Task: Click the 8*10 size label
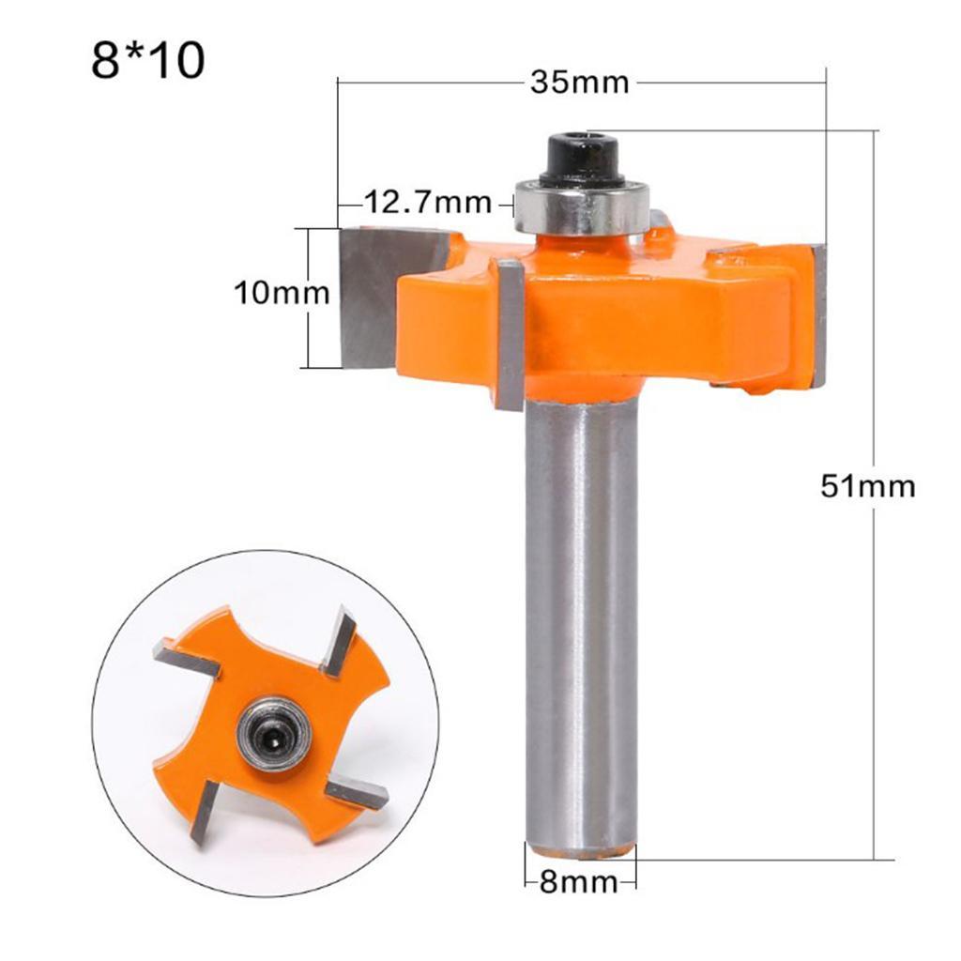point(148,61)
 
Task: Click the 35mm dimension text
point(579,82)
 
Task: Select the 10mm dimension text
point(282,294)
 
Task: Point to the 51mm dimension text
point(867,486)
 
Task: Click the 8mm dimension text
point(578,882)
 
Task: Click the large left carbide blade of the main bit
point(371,291)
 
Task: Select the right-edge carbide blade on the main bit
point(819,314)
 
